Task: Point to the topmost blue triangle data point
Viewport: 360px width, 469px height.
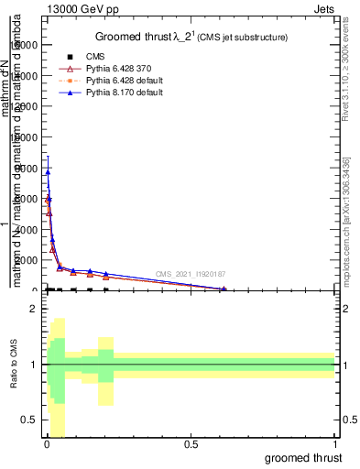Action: coord(48,171)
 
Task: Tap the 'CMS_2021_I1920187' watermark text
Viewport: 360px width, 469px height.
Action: coord(190,274)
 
